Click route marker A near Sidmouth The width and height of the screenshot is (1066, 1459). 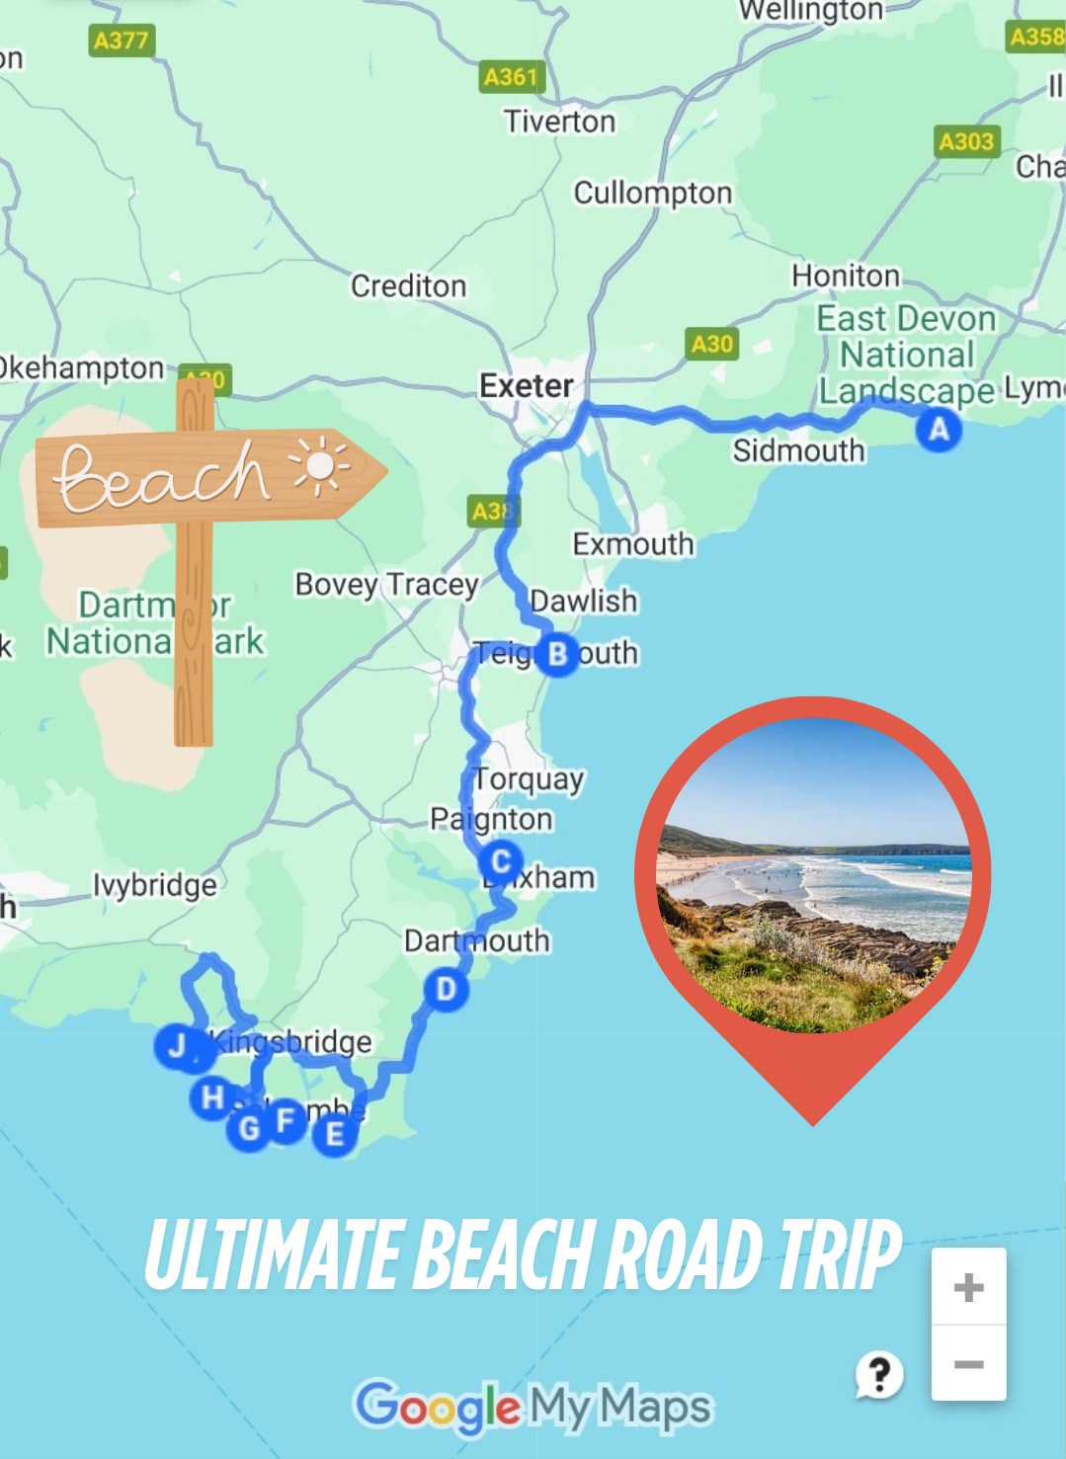coord(939,430)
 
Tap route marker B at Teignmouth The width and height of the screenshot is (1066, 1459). coord(557,654)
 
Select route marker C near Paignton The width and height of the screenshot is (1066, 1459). coord(501,861)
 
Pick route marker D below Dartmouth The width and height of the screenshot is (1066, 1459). coord(446,989)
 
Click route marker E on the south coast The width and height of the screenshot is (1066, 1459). coord(335,1134)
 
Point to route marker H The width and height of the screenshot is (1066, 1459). coord(212,1097)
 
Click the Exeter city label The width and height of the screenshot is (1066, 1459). coord(526,385)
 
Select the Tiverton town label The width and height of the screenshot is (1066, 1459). coord(559,122)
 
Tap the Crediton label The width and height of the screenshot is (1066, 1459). coord(408,286)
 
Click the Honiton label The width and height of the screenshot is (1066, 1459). coord(846,276)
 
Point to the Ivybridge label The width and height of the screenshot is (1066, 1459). coord(155,885)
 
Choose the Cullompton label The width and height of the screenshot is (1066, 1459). coord(653,193)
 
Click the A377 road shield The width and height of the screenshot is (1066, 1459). coord(121,41)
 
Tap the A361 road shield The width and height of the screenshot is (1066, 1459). coord(511,76)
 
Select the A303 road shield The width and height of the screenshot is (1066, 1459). coord(966,141)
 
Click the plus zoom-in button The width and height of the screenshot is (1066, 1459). coord(968,1287)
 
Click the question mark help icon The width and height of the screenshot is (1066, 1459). coord(878,1373)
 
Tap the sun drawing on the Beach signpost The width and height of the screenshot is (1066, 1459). coord(319,465)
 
